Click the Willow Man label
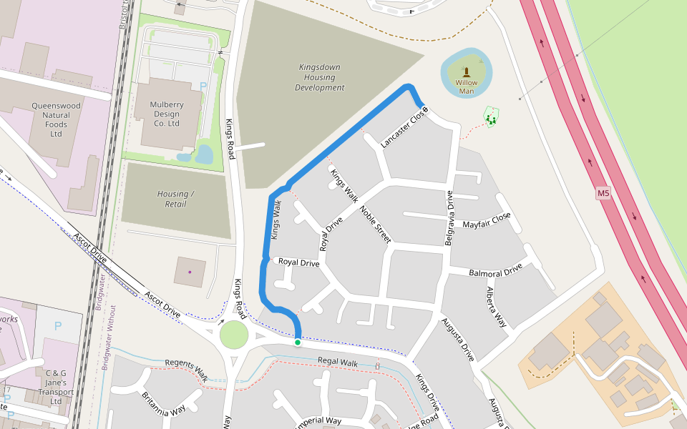[x=466, y=87]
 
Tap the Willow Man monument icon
[x=467, y=71]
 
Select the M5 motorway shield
[x=603, y=194]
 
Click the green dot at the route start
[x=298, y=342]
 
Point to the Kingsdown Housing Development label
[x=319, y=77]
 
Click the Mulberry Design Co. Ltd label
[x=166, y=114]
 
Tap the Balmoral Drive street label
[x=495, y=272]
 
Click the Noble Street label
[x=375, y=225]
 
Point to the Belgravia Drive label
[x=449, y=218]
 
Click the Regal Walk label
[x=337, y=363]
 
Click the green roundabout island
[x=233, y=335]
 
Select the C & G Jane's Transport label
[x=56, y=387]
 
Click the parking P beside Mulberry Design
[x=203, y=86]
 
